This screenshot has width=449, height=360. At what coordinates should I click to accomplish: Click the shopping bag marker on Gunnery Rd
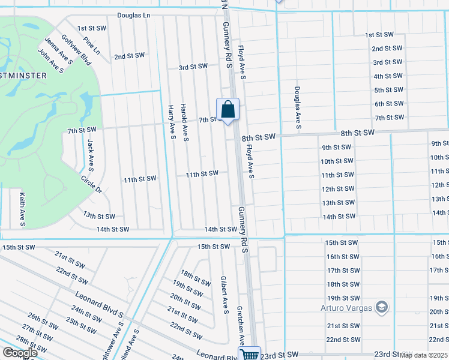(x=228, y=110)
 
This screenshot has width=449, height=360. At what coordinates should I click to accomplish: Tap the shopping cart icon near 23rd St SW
(x=250, y=355)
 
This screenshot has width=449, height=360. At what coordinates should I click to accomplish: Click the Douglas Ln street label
(x=133, y=15)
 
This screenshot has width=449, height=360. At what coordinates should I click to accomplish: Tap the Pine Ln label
(x=92, y=47)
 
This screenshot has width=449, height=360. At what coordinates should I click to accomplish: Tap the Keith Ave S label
(x=22, y=209)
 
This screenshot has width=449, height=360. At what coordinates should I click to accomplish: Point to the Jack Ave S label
(x=91, y=154)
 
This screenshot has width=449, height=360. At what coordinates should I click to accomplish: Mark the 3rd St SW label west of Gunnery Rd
(x=193, y=67)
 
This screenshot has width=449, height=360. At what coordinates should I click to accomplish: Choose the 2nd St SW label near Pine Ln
(x=130, y=56)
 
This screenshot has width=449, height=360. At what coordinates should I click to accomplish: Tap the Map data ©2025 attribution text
(x=424, y=355)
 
